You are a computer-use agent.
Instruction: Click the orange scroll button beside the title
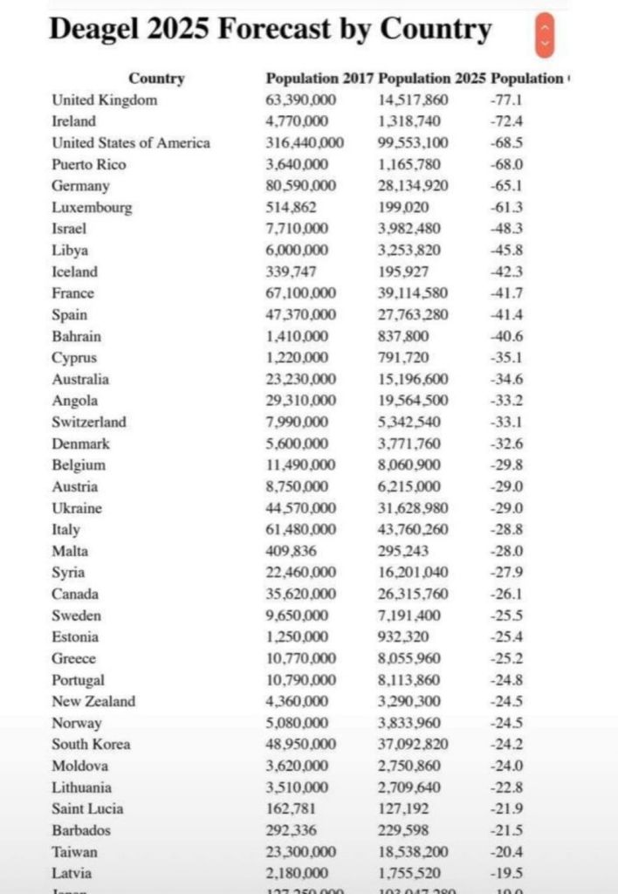545,34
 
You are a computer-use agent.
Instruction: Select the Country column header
156,79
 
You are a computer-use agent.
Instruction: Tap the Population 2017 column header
319,79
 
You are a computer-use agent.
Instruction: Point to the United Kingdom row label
105,100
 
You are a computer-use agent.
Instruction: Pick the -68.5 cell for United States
506,142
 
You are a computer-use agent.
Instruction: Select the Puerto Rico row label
89,164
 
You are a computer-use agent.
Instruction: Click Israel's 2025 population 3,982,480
410,229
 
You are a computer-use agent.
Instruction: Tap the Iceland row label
75,272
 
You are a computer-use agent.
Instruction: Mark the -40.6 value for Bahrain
506,336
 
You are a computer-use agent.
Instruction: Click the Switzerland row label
89,422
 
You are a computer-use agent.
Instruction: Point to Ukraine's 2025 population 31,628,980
414,508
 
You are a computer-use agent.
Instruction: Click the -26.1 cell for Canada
506,594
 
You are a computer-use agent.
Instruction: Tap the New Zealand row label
93,701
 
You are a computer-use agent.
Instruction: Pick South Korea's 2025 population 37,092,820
414,744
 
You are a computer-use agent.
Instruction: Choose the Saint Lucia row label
87,808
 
